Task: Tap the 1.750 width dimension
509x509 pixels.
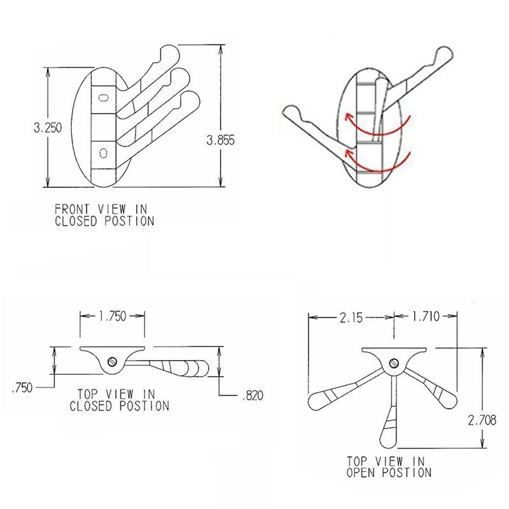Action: (x=113, y=315)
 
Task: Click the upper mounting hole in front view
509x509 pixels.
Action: (x=104, y=97)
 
